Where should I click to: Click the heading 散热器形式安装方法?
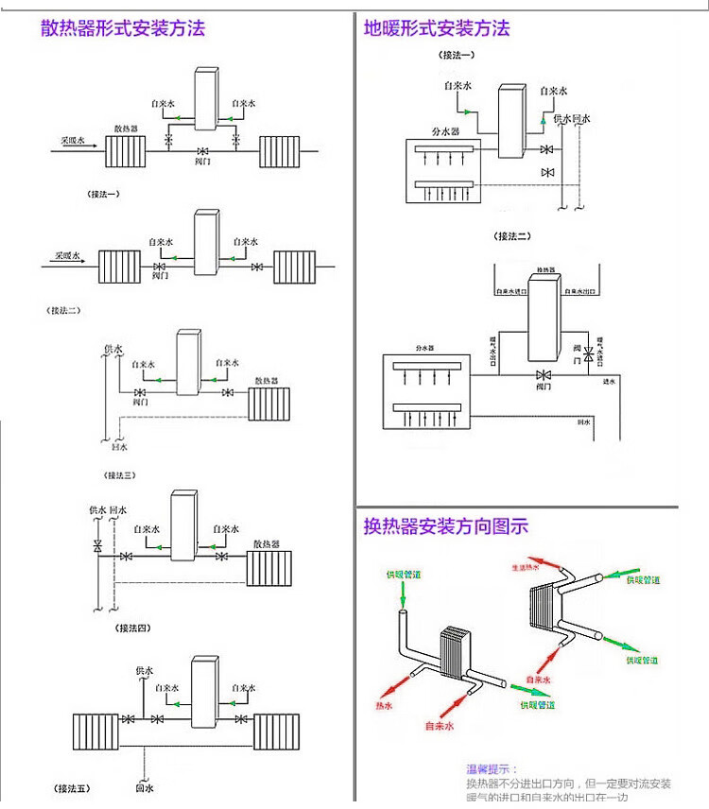[123, 27]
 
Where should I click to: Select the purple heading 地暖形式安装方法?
[437, 27]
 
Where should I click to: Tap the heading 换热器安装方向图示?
[446, 526]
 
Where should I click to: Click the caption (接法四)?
[133, 628]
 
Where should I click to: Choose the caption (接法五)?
[72, 787]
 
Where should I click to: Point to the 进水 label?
[609, 381]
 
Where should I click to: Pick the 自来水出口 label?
[576, 292]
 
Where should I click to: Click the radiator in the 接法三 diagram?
[268, 403]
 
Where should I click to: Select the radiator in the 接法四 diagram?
[267, 567]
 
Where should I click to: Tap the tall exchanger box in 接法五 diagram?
[204, 692]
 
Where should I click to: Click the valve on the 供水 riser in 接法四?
[97, 547]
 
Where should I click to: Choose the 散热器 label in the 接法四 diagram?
[267, 543]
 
